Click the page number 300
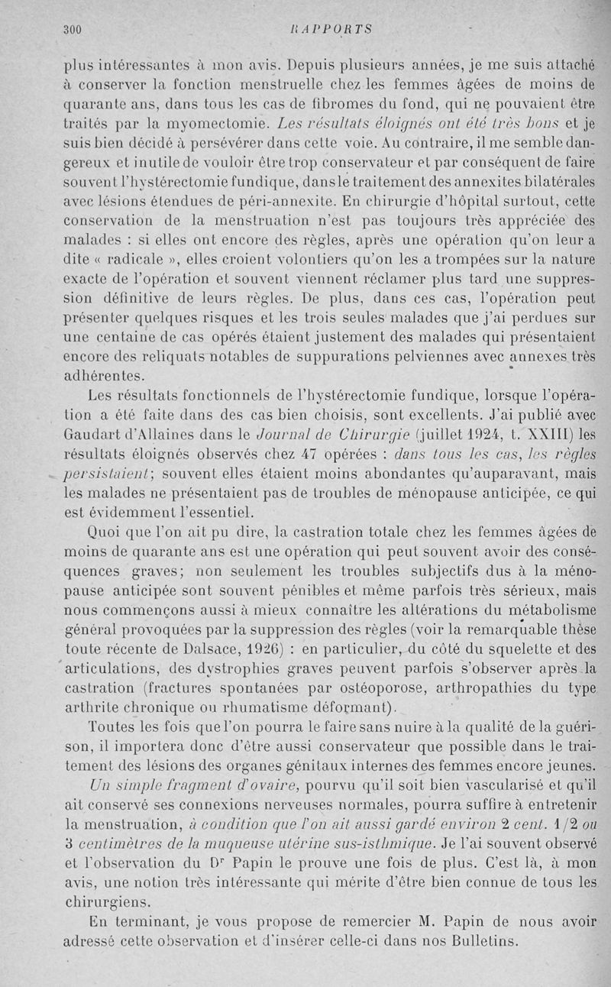(x=72, y=30)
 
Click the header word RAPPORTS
(x=338, y=30)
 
